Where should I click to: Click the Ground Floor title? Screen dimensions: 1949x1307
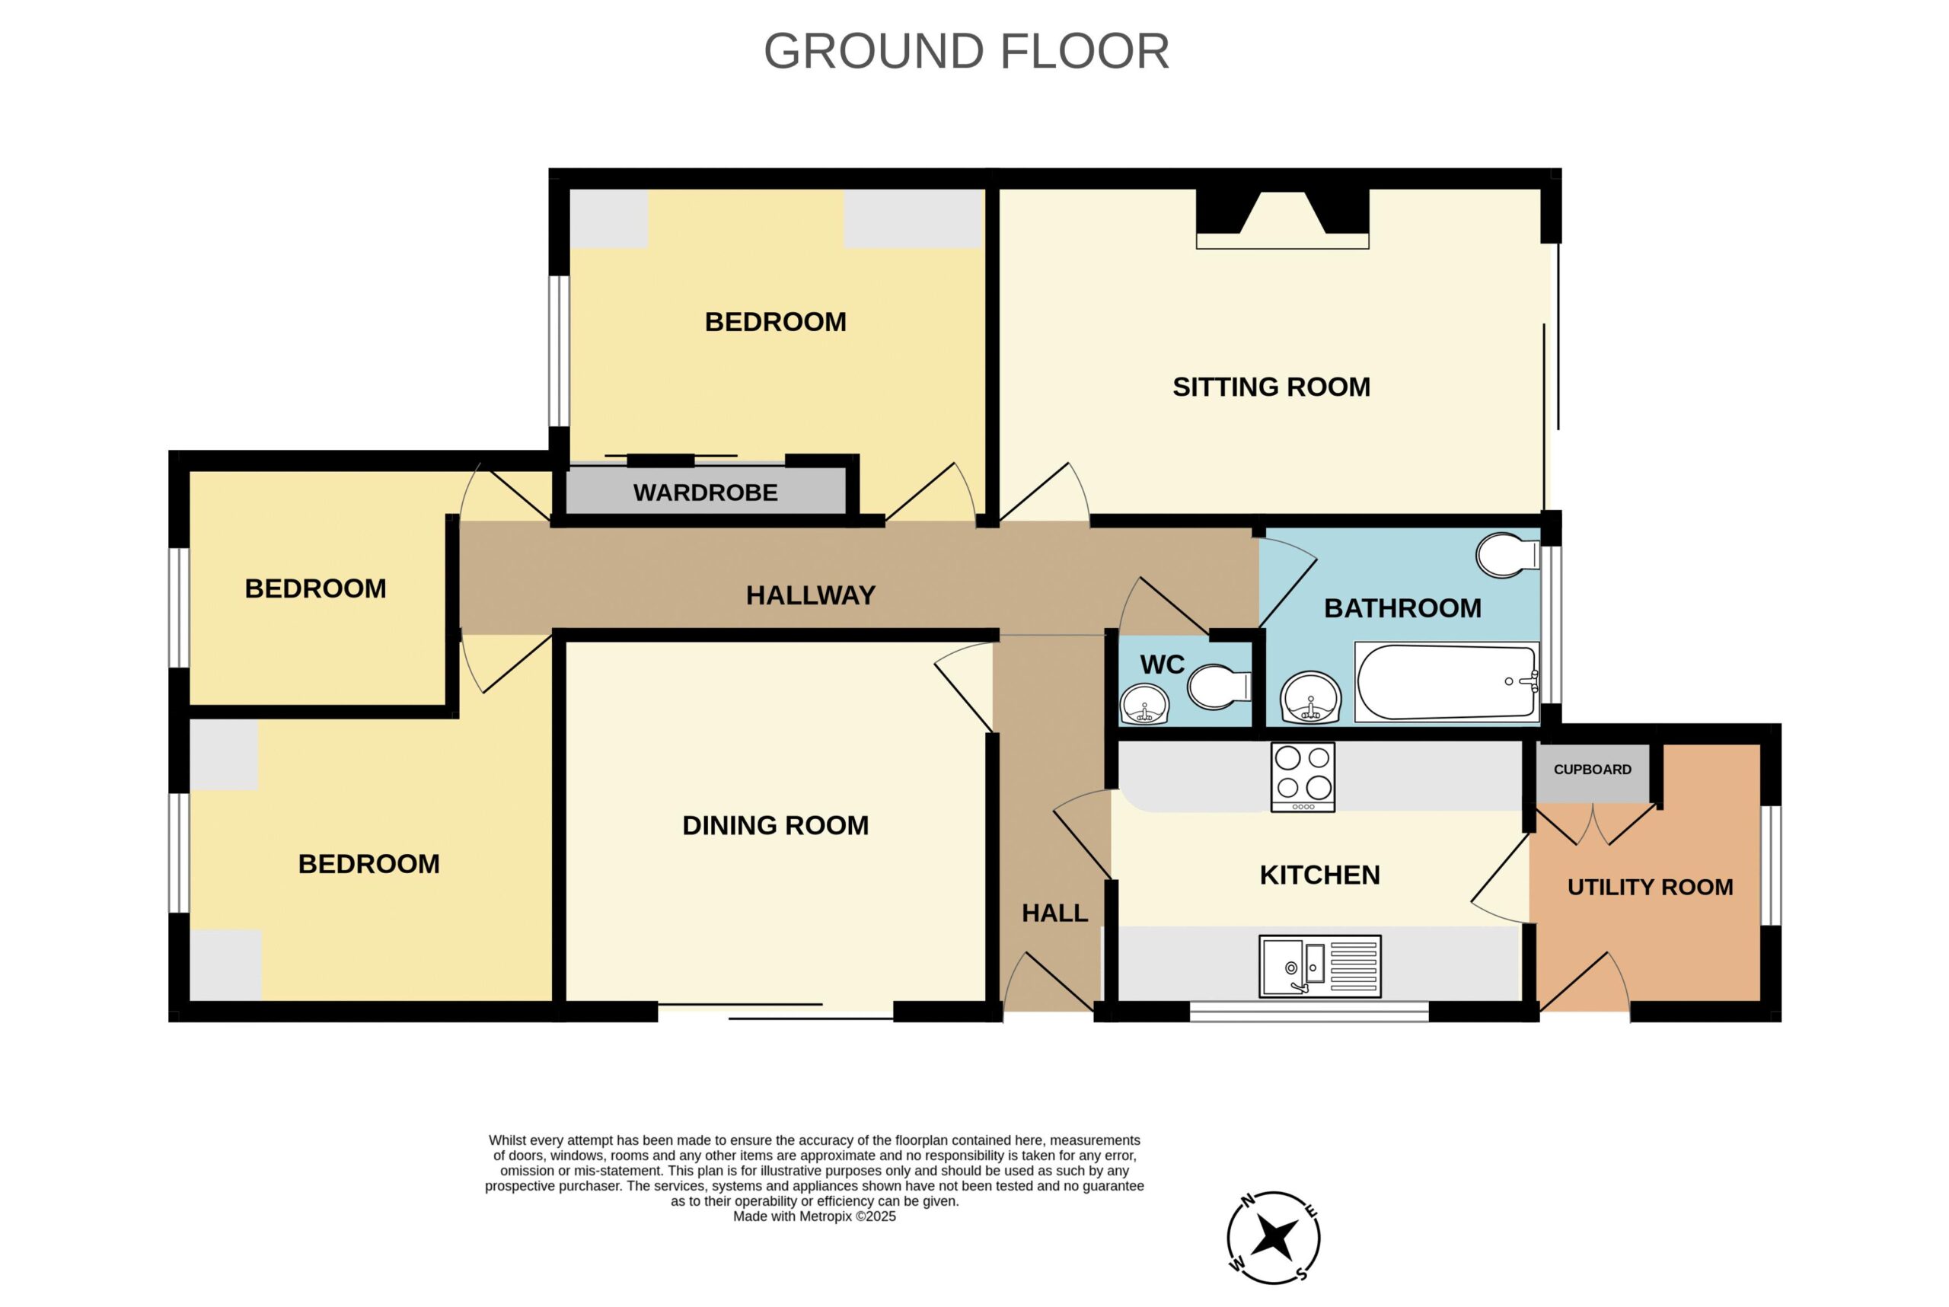(966, 52)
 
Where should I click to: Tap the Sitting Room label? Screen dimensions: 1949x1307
(1271, 387)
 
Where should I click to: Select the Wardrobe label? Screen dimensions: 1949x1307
(705, 493)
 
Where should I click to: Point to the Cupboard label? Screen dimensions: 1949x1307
(1592, 770)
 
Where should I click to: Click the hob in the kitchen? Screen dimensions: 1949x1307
(1303, 777)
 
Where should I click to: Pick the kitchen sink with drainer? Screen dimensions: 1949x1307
(1319, 966)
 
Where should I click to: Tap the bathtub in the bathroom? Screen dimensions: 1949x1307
(1447, 681)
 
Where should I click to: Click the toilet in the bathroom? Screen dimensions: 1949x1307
(1507, 555)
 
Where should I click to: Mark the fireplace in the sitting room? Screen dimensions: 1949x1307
(1282, 219)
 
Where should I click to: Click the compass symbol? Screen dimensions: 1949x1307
(1273, 1238)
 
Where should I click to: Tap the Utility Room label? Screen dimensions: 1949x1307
(1650, 887)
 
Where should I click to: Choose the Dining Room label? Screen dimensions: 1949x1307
(775, 825)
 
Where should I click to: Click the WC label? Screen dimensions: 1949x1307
(1162, 665)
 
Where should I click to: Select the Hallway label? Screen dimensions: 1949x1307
(810, 595)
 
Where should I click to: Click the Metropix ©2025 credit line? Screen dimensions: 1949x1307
(815, 1216)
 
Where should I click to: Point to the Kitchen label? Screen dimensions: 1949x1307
(1319, 875)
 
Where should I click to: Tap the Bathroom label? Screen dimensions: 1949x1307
(1403, 608)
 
